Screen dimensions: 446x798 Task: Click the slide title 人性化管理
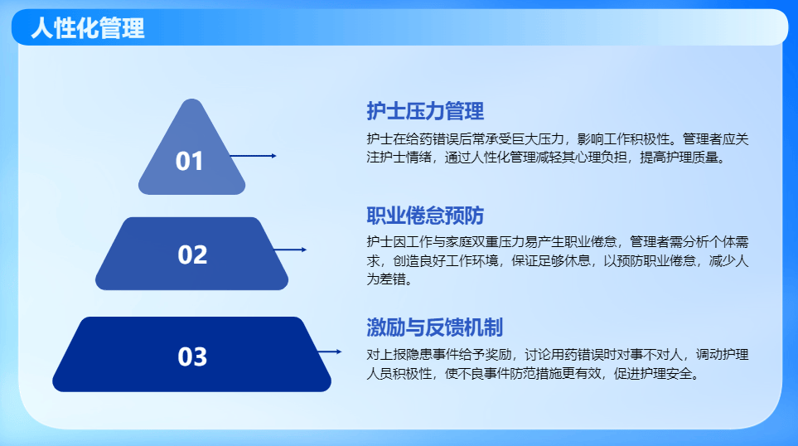pos(87,28)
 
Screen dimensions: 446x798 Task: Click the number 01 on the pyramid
pos(190,161)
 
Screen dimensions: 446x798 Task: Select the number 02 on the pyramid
pos(192,255)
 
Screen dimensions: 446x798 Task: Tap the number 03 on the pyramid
pos(192,356)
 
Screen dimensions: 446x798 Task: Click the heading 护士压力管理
pos(425,111)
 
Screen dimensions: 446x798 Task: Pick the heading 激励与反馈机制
pos(434,327)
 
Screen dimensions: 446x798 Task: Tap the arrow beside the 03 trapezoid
pos(330,352)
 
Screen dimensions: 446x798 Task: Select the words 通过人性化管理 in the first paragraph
pos(494,157)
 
